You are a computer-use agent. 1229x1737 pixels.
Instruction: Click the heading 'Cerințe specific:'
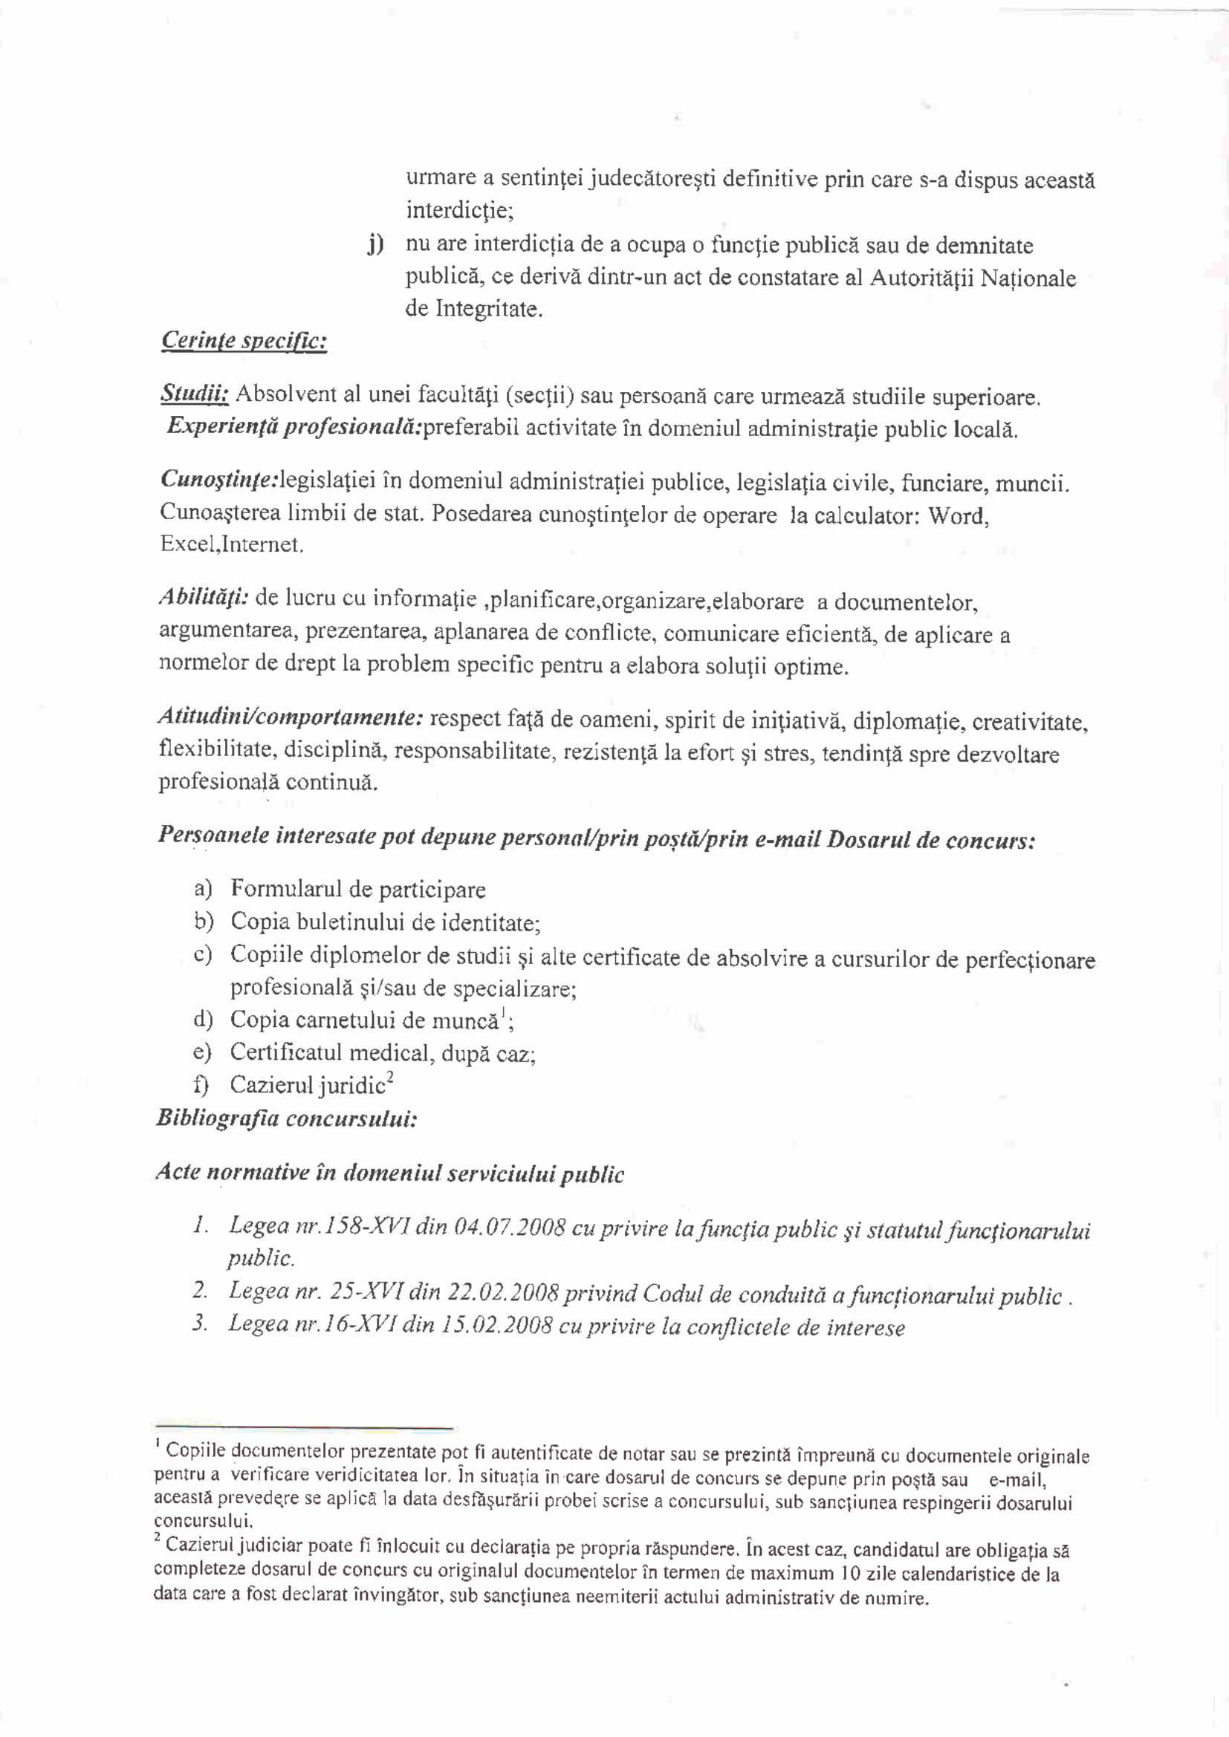click(244, 341)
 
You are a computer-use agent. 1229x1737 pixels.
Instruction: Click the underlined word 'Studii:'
click(195, 394)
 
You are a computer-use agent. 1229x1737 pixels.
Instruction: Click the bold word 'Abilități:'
click(204, 597)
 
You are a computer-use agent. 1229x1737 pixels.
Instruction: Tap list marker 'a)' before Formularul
click(203, 888)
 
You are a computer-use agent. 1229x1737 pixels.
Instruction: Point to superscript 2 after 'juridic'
click(390, 1079)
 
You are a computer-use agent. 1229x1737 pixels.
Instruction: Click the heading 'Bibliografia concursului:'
click(286, 1118)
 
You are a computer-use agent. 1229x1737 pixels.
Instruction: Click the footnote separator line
click(302, 1427)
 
